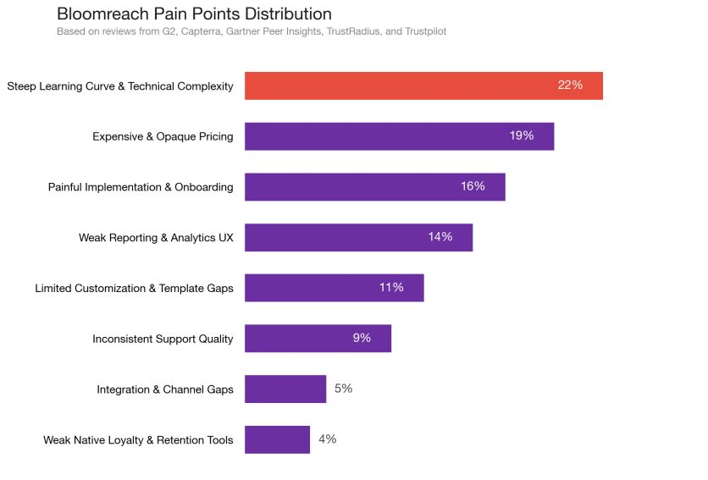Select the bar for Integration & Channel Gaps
coord(285,389)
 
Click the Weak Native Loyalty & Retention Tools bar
coord(277,439)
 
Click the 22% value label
coord(570,86)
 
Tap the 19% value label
coord(522,136)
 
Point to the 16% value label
coord(473,187)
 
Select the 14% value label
coord(440,237)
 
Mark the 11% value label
coord(391,288)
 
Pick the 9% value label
coord(362,339)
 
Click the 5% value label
coord(343,389)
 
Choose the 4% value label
coord(327,439)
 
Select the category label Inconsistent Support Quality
coord(163,339)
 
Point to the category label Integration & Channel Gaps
coord(165,390)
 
